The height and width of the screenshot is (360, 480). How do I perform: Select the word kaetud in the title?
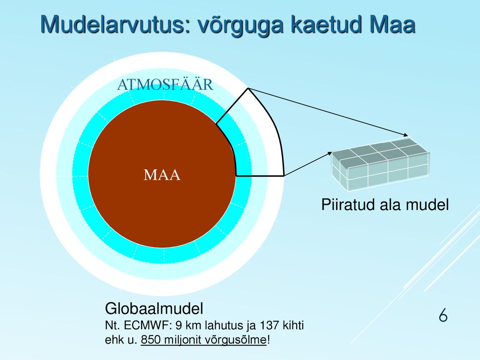[x=327, y=24]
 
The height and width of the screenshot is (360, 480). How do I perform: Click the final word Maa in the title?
[x=393, y=24]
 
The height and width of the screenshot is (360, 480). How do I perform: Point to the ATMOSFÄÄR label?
[x=165, y=84]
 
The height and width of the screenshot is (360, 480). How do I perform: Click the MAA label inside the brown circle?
[x=162, y=175]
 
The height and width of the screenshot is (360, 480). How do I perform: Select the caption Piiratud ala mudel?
[x=385, y=205]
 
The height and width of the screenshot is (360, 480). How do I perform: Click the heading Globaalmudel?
[x=154, y=308]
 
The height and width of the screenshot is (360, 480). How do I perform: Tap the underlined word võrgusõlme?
[x=235, y=340]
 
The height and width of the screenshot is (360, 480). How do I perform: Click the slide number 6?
[x=443, y=315]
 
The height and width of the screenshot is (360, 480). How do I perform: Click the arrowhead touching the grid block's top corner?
[x=406, y=135]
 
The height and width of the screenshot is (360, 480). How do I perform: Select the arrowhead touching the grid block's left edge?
[x=330, y=153]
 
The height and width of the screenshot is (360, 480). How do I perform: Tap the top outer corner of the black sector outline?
[x=248, y=89]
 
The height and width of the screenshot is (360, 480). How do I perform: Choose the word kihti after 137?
[x=292, y=325]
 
